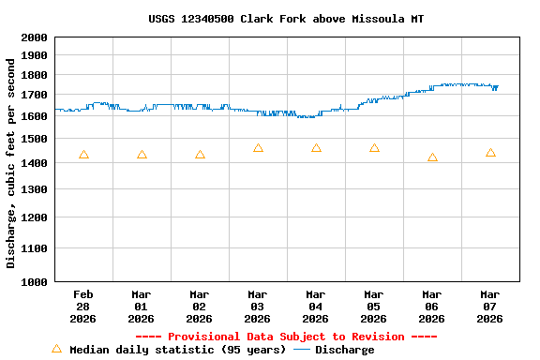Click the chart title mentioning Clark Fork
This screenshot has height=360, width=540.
point(286,19)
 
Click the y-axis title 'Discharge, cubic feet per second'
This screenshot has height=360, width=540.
point(11,163)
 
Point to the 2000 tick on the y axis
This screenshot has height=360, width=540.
point(34,37)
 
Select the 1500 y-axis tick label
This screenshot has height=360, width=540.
point(34,139)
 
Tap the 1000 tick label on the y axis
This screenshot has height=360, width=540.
point(34,281)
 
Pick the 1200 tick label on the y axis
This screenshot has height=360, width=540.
point(34,217)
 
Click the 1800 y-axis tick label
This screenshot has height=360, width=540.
point(34,75)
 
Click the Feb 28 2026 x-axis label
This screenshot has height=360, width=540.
point(83,306)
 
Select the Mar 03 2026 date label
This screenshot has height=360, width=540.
point(258,306)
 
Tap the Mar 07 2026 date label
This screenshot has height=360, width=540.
point(490,306)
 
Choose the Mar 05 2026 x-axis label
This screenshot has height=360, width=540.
point(374,306)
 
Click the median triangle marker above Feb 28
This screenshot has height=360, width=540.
point(83,155)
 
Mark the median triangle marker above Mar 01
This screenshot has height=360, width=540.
point(142,155)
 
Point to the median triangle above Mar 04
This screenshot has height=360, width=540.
point(316,148)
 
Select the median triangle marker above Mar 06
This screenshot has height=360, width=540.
point(432,157)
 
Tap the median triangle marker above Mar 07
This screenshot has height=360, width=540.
point(490,153)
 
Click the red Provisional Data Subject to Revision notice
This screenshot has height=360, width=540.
point(286,337)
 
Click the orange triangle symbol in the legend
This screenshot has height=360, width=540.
point(56,349)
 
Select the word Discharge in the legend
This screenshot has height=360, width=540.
point(344,350)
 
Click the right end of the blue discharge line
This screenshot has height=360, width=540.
point(497,86)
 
